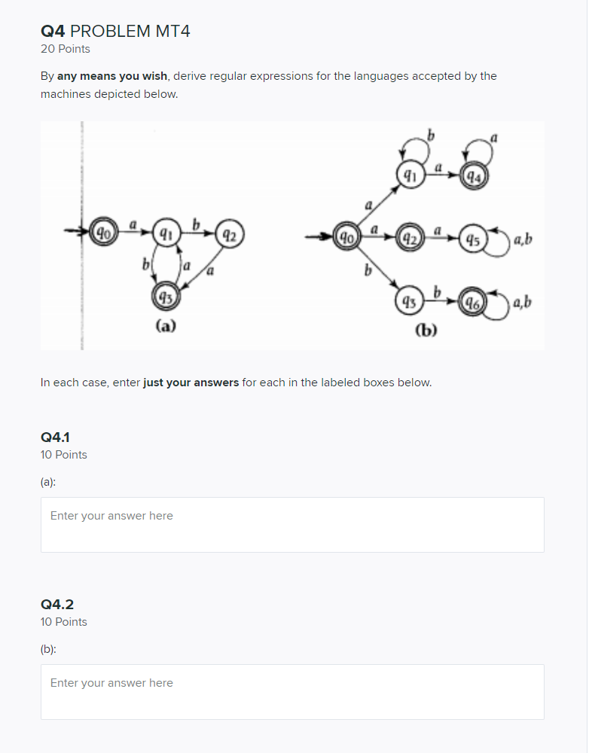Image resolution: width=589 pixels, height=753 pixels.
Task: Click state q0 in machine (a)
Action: (x=100, y=230)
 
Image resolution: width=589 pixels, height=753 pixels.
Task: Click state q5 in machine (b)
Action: (x=472, y=240)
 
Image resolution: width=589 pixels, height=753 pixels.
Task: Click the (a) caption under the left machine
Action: (x=166, y=325)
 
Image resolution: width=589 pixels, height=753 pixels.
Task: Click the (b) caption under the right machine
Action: (x=426, y=330)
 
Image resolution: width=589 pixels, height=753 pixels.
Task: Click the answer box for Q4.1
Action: (x=292, y=525)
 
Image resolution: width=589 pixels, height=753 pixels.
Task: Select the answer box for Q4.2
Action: (x=292, y=692)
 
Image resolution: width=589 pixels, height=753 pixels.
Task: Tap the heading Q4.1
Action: (x=56, y=437)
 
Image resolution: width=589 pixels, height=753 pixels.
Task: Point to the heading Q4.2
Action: (x=57, y=604)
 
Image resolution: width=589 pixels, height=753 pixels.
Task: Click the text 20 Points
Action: (x=65, y=49)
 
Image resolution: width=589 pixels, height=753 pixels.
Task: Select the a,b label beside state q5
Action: (x=522, y=240)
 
